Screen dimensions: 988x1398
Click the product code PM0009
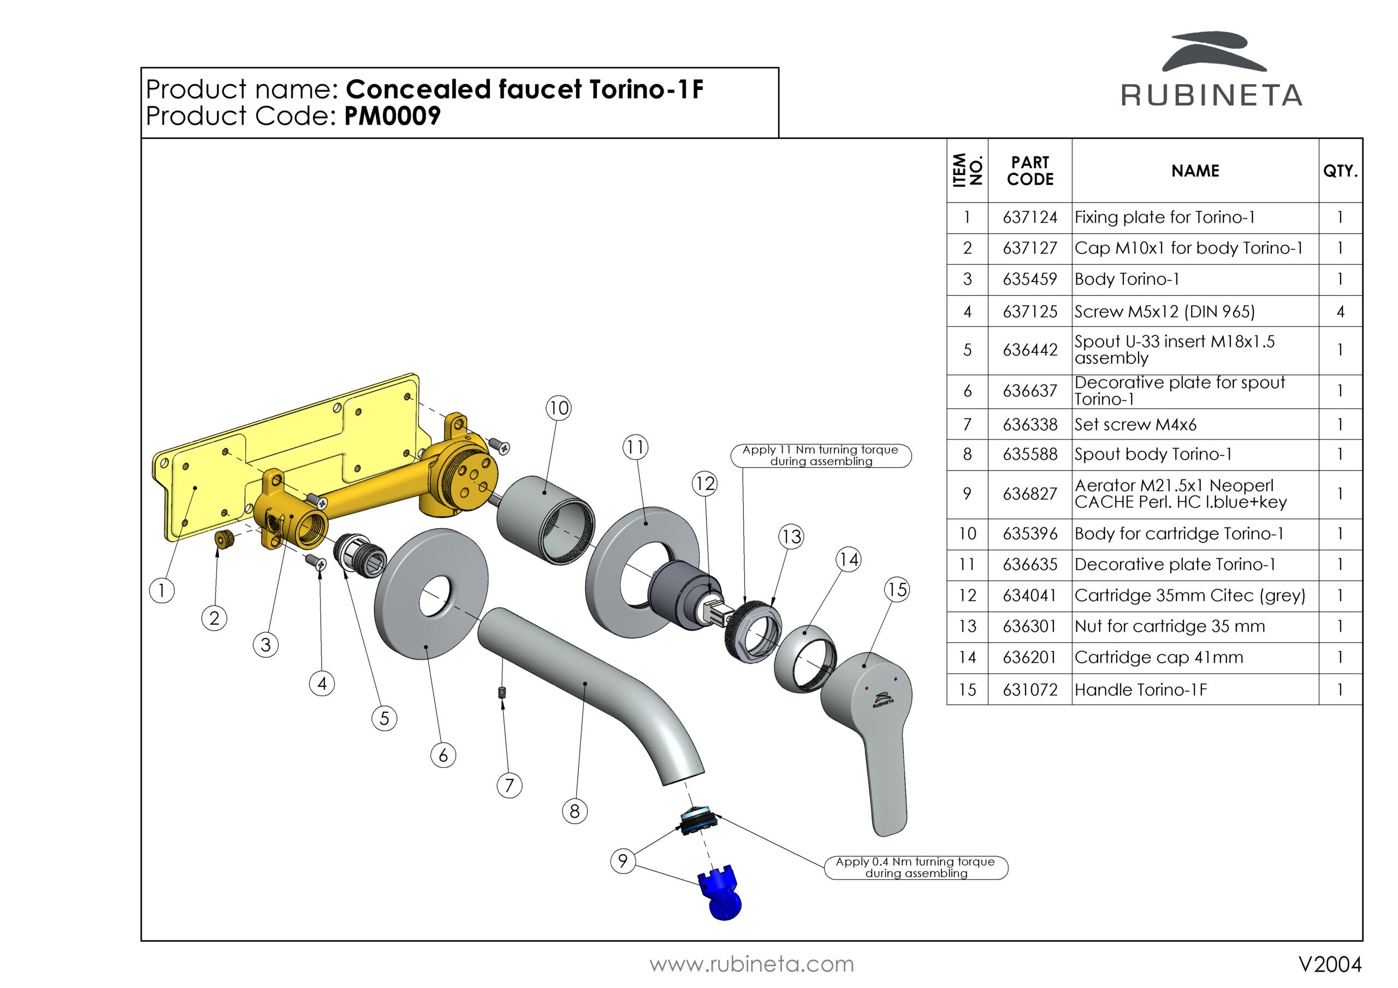click(x=392, y=116)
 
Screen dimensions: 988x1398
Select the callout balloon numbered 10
click(x=558, y=407)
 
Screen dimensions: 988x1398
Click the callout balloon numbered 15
click(x=897, y=590)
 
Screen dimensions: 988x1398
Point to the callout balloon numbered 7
click(x=509, y=785)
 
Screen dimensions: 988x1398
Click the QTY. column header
click(x=1340, y=171)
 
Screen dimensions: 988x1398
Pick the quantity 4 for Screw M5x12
click(x=1340, y=312)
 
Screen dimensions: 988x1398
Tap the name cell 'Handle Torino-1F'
click(x=1140, y=690)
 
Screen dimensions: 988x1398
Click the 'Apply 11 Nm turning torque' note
click(x=820, y=455)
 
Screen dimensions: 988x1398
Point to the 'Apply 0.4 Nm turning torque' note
click(x=915, y=867)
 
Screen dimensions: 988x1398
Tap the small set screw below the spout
click(x=503, y=692)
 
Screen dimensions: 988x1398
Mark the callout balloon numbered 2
click(x=214, y=618)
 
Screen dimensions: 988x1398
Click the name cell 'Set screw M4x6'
click(x=1135, y=424)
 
